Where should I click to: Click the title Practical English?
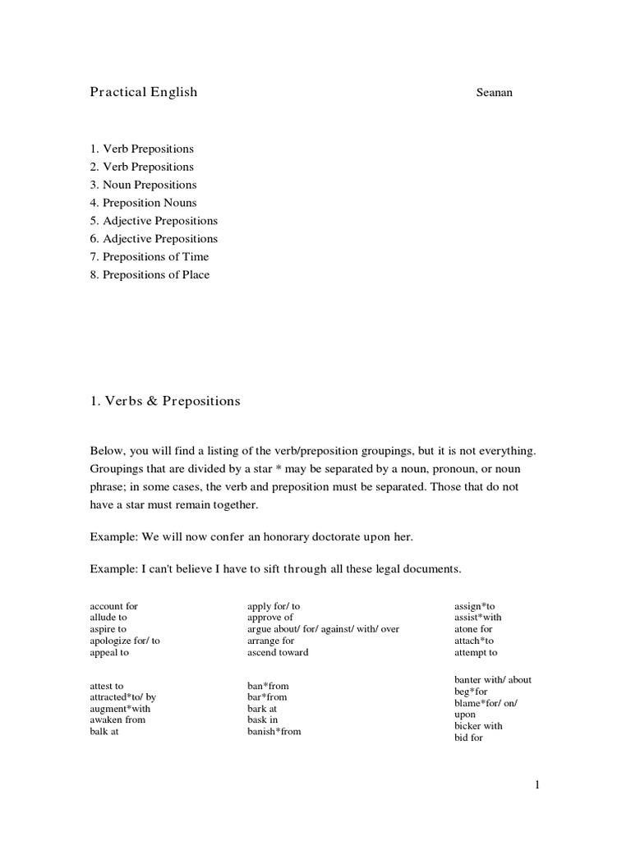[144, 92]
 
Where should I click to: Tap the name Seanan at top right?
[495, 94]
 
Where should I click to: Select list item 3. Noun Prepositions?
[144, 185]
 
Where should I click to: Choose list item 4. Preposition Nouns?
[144, 203]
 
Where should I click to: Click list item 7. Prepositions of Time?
[150, 257]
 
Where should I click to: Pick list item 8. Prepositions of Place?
[150, 275]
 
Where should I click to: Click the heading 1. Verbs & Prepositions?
[165, 402]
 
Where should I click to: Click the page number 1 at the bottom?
[537, 786]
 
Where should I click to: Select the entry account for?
[113, 606]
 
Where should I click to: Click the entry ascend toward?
[278, 653]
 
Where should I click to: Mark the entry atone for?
[473, 629]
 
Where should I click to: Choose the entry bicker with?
[478, 726]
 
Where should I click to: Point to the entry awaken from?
[117, 719]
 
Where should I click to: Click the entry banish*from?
[274, 732]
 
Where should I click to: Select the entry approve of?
[270, 617]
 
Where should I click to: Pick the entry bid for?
[468, 738]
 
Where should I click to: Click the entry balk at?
[104, 732]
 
